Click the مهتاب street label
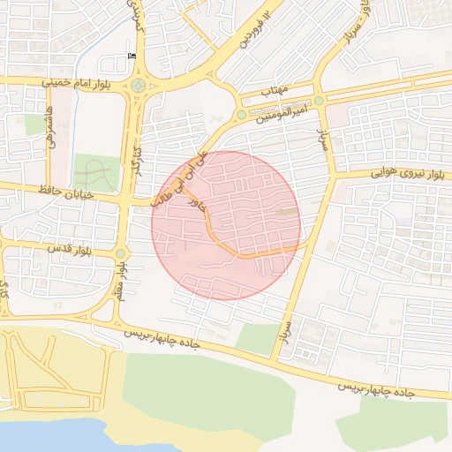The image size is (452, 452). [x=275, y=91]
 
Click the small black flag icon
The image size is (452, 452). [x=132, y=57]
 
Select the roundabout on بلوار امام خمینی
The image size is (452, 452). [x=138, y=86]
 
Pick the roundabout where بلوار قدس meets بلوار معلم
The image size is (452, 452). [x=120, y=254]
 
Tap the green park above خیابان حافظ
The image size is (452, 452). [x=96, y=173]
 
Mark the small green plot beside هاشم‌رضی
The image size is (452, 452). [x=35, y=125]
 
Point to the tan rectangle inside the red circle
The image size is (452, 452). [x=287, y=211]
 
